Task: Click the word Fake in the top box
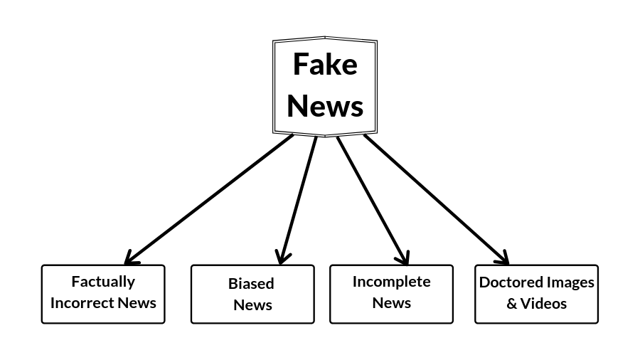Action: click(x=325, y=65)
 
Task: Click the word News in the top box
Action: click(x=325, y=106)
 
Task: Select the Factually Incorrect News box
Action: click(x=103, y=294)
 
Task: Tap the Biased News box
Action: click(x=252, y=294)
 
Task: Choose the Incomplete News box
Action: click(x=391, y=294)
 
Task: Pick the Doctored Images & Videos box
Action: click(x=536, y=294)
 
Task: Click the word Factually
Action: click(x=103, y=282)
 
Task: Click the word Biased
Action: click(x=251, y=284)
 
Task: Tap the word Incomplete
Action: click(x=391, y=282)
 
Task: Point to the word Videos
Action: click(x=544, y=304)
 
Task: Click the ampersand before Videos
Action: click(x=512, y=304)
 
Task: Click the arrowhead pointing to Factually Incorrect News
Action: click(x=130, y=258)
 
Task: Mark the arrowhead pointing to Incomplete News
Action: click(x=403, y=257)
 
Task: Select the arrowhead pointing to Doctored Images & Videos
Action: click(x=503, y=257)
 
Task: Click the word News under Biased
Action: click(x=252, y=305)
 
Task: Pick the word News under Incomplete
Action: click(x=391, y=303)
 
